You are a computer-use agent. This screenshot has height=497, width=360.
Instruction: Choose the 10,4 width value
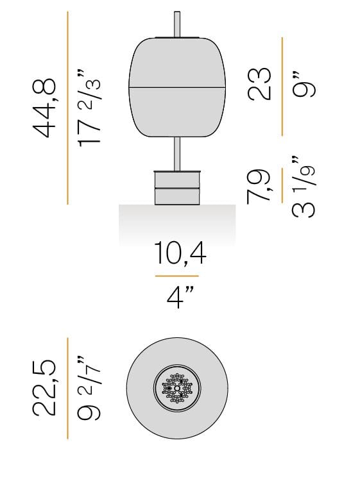(x=180, y=255)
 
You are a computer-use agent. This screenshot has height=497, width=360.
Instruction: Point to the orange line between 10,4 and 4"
(x=180, y=276)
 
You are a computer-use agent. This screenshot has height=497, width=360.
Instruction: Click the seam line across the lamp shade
(x=178, y=85)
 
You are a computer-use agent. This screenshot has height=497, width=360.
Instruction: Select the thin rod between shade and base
(x=178, y=152)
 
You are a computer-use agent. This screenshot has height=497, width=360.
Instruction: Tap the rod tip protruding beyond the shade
(x=178, y=22)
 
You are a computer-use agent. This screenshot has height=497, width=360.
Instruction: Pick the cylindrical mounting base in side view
(x=178, y=187)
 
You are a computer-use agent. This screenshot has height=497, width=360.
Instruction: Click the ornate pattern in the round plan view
(x=177, y=389)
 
